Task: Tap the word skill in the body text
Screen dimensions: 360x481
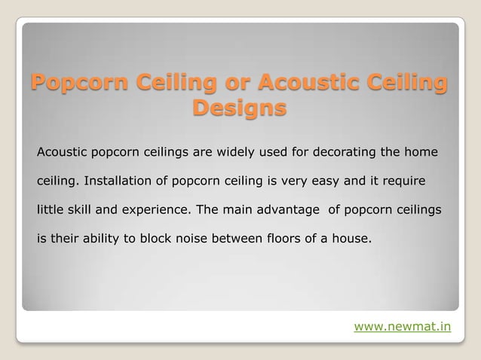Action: pyautogui.click(x=81, y=209)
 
